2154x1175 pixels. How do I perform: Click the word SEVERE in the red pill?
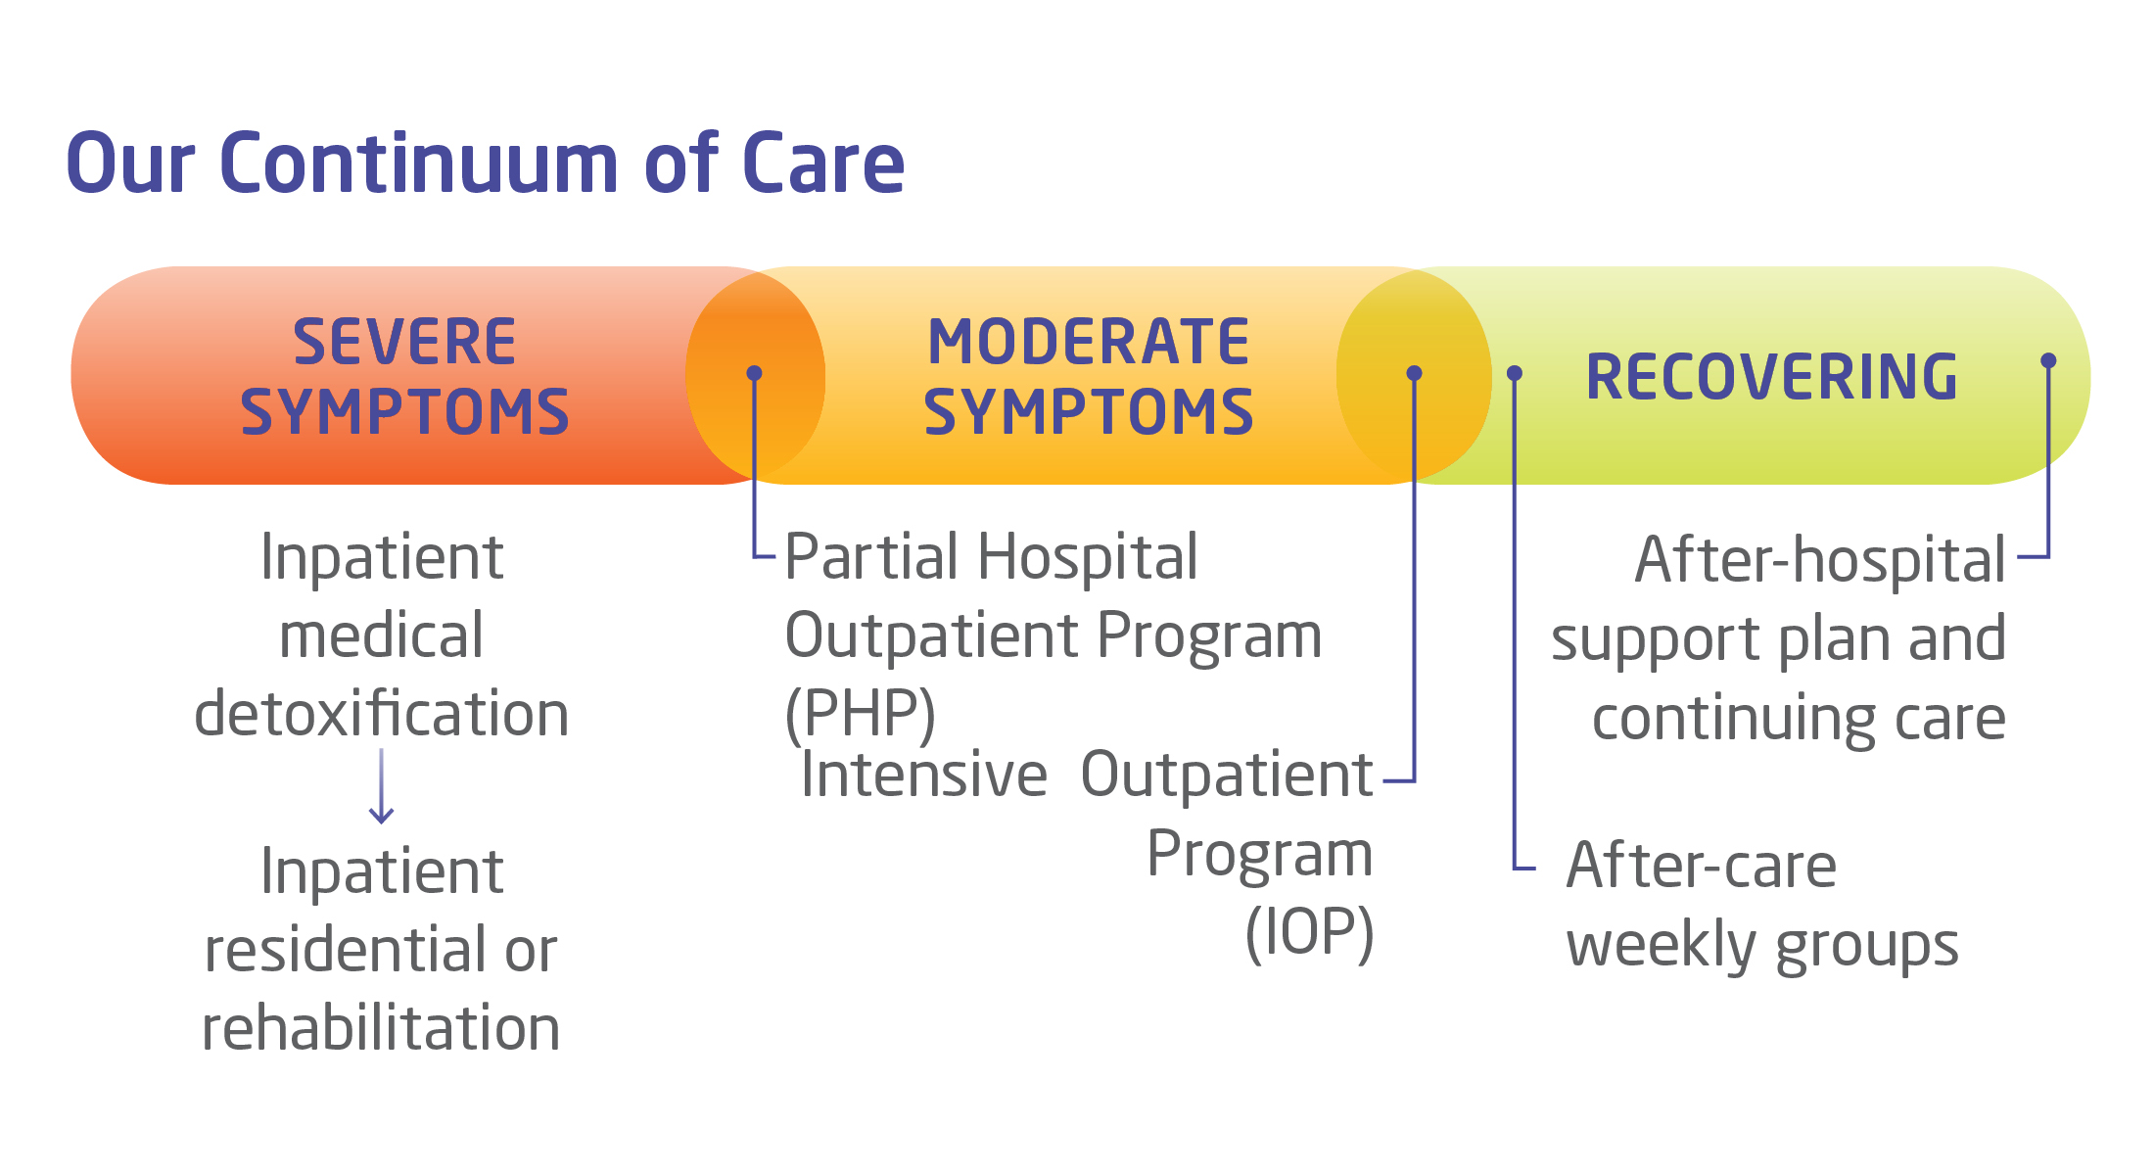404,342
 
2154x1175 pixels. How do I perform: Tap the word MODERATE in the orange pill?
1088,342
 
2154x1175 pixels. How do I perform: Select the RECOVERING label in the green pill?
1771,377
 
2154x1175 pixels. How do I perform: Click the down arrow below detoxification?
381,788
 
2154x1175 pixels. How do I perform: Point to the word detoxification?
381,713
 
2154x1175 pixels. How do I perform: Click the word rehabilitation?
381,1028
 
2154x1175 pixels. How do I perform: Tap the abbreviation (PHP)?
861,713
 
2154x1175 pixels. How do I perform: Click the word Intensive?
923,775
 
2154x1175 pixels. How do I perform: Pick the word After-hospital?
1820,560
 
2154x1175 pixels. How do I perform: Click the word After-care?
1701,866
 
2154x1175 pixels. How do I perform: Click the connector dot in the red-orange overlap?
754,373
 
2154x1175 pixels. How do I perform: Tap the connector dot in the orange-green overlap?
1414,373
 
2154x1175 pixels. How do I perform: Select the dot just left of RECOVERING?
1515,373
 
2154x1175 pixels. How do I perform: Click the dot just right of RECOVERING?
2048,361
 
